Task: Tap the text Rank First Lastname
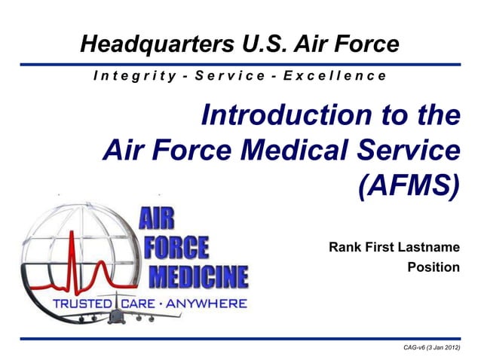[394, 246]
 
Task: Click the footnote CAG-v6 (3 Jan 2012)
[432, 346]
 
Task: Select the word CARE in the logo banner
[136, 304]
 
